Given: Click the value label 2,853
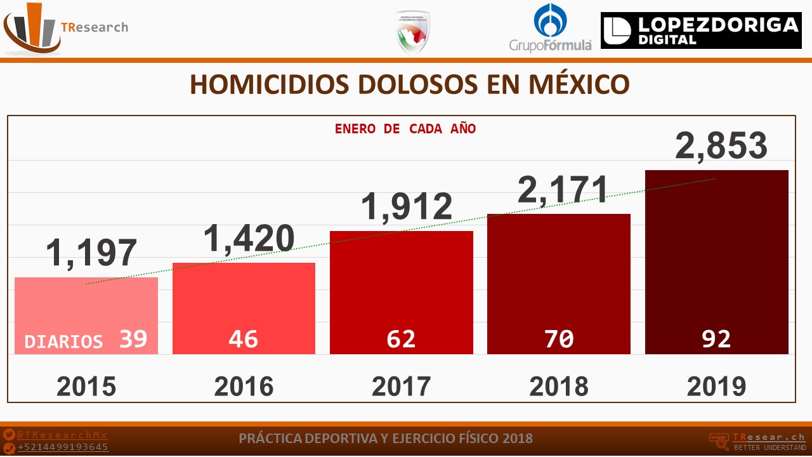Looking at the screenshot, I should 721,146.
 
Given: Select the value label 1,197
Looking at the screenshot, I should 91,253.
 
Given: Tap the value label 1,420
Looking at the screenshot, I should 249,238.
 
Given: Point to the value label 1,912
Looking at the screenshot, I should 407,206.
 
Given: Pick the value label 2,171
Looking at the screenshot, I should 563,190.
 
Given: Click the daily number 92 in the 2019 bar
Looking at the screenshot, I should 716,340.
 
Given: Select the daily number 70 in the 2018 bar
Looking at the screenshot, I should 559,340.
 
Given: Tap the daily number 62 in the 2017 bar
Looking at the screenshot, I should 401,340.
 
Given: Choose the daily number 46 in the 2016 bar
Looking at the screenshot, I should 244,340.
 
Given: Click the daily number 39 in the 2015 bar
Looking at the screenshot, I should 134,340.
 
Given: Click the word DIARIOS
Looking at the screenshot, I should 63,341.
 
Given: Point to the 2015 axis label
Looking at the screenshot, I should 86,386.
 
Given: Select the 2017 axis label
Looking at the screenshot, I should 401,386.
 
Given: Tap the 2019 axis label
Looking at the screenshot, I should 716,386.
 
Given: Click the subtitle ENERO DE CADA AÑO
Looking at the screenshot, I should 405,129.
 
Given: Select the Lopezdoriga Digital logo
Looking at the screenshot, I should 701,30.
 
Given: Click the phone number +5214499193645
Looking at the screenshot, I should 63,447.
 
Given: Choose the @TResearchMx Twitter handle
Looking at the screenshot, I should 62,435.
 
